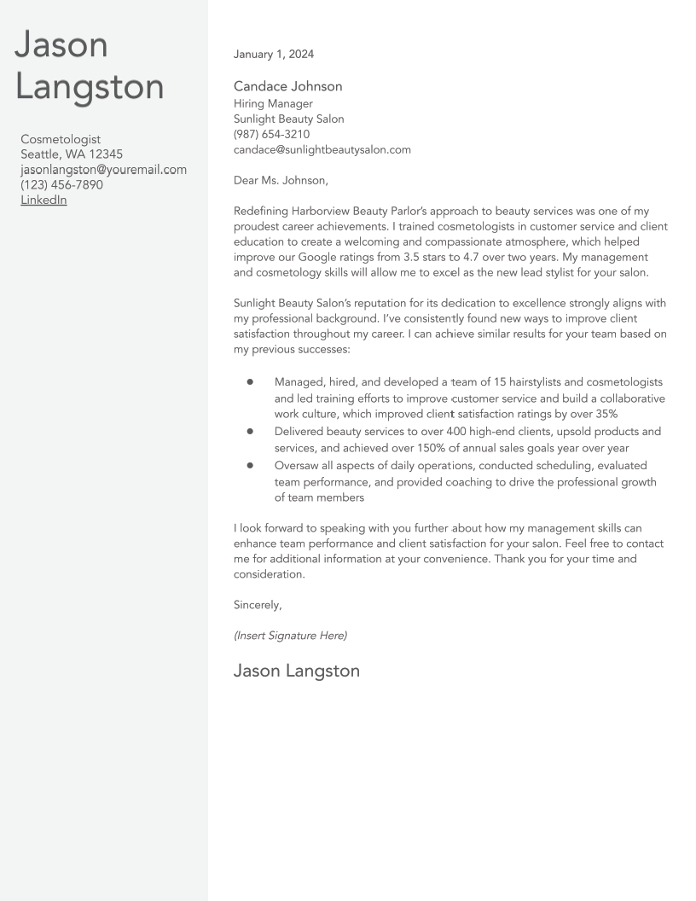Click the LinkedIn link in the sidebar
click(x=43, y=200)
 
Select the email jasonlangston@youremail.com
click(x=103, y=169)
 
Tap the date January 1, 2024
click(x=274, y=54)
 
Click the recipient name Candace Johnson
click(x=287, y=86)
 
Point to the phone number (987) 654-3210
click(x=271, y=134)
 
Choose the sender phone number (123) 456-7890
click(x=61, y=184)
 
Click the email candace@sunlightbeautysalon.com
click(x=322, y=149)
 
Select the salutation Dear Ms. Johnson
click(x=281, y=180)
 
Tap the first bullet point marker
click(x=250, y=382)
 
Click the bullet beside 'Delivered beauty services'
click(x=250, y=432)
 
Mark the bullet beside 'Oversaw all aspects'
click(x=250, y=466)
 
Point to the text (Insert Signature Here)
click(x=290, y=636)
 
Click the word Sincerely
click(x=258, y=605)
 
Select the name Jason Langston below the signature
click(x=296, y=671)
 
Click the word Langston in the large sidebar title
click(x=90, y=87)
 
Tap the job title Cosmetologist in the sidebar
click(x=61, y=139)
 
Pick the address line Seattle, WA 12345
click(x=72, y=154)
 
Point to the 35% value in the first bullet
click(x=602, y=414)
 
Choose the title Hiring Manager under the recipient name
click(x=273, y=103)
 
